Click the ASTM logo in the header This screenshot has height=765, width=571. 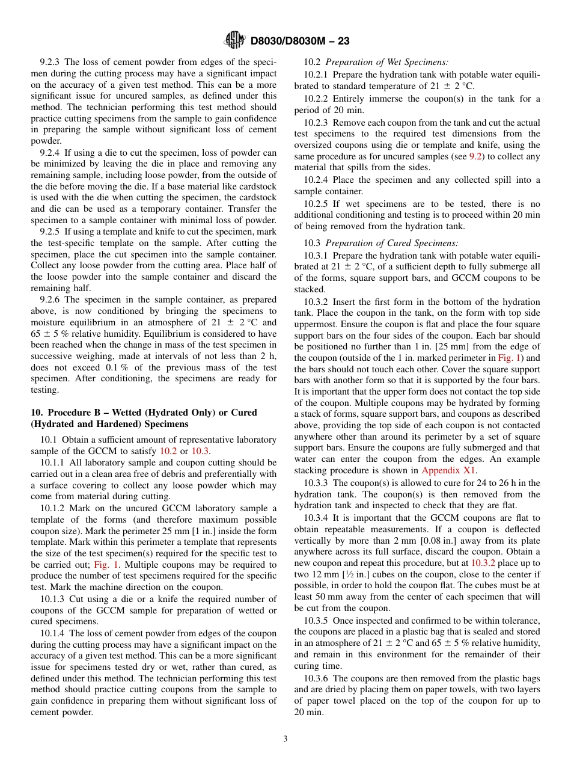tap(234, 40)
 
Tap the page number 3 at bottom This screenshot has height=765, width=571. tap(285, 739)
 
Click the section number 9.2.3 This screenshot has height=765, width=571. tap(50, 62)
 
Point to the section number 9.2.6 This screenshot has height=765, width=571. tap(50, 300)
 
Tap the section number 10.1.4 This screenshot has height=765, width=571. tap(53, 633)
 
